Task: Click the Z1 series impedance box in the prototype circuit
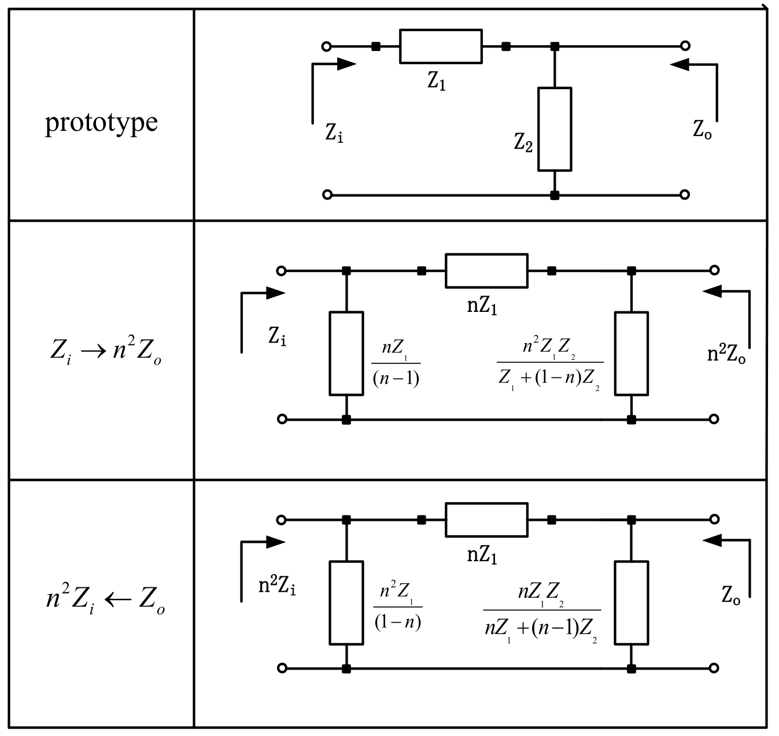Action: (x=440, y=46)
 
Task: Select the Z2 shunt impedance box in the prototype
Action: (x=555, y=129)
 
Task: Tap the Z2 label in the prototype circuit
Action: (x=523, y=142)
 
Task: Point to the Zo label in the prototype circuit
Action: (x=702, y=130)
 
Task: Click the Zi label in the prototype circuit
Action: (x=334, y=134)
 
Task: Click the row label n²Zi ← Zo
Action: (x=106, y=601)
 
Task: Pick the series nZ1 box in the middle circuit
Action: (x=486, y=270)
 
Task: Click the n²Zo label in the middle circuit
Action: (x=726, y=355)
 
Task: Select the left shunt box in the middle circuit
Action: (x=346, y=354)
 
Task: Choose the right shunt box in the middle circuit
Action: (x=632, y=354)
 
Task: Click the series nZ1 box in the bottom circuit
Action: (x=486, y=520)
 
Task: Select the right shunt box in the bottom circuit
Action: (x=632, y=602)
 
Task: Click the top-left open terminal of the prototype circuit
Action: (x=327, y=46)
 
